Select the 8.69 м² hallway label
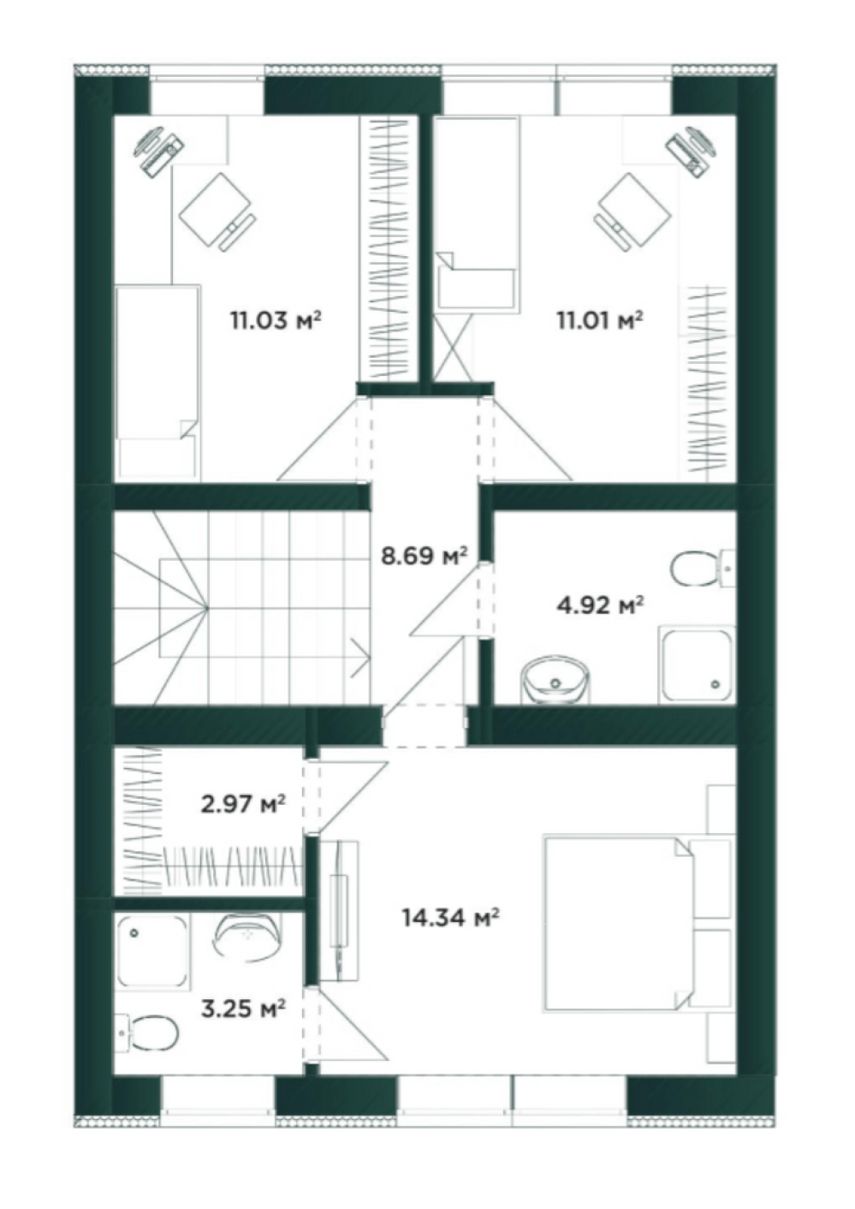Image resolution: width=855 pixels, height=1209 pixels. click(424, 556)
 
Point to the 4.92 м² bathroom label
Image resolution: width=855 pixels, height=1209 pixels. click(600, 605)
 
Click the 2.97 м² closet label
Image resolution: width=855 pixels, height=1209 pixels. click(243, 804)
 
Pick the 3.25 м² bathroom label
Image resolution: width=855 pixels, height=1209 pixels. click(243, 1008)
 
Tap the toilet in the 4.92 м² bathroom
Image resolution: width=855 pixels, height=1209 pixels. click(702, 569)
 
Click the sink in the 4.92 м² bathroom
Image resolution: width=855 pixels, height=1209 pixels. click(555, 681)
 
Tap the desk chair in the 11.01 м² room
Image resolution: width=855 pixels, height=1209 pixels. click(632, 211)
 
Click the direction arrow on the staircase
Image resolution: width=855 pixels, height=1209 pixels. click(360, 658)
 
